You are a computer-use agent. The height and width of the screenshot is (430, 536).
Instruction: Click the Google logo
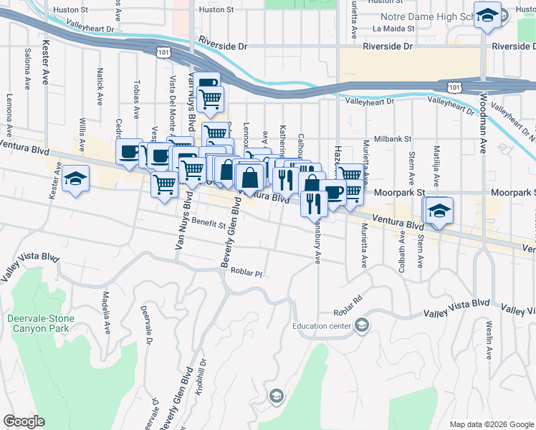(24, 421)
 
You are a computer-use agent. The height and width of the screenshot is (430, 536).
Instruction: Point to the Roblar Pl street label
(247, 272)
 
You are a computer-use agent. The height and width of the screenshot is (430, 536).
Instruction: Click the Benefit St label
(209, 224)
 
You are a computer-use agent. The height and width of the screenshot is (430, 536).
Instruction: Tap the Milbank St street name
(391, 139)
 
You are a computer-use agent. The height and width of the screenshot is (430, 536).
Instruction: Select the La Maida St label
(393, 29)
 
